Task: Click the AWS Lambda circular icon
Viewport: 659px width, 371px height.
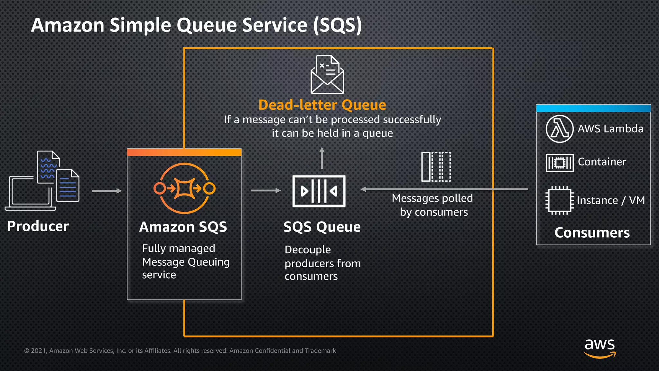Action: tap(560, 129)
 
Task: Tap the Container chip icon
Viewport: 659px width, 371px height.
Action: tap(560, 163)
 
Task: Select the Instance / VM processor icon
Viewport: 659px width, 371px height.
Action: tap(560, 200)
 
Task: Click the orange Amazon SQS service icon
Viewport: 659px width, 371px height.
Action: tap(184, 188)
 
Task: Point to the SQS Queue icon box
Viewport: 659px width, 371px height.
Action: tap(319, 191)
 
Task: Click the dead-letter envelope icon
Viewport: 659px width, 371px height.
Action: tap(327, 75)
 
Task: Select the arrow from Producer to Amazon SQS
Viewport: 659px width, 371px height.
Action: tap(107, 191)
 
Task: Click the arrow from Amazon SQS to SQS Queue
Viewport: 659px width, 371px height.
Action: tap(266, 191)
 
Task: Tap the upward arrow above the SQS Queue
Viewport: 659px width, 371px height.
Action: tap(322, 158)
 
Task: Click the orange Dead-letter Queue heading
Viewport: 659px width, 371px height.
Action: tap(322, 105)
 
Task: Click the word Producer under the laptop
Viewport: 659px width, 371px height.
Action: tap(38, 226)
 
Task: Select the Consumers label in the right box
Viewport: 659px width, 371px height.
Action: tap(592, 233)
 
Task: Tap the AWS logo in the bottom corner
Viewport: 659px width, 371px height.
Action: tap(600, 348)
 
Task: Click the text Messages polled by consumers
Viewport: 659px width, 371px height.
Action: tap(433, 205)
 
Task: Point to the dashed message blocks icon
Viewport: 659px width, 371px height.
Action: tap(436, 166)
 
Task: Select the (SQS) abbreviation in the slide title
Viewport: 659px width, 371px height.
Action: tap(338, 25)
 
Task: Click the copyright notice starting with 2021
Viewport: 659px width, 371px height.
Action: tap(180, 351)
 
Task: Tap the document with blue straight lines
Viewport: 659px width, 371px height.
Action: tap(68, 186)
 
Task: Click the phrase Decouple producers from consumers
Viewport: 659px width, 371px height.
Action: tap(322, 263)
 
